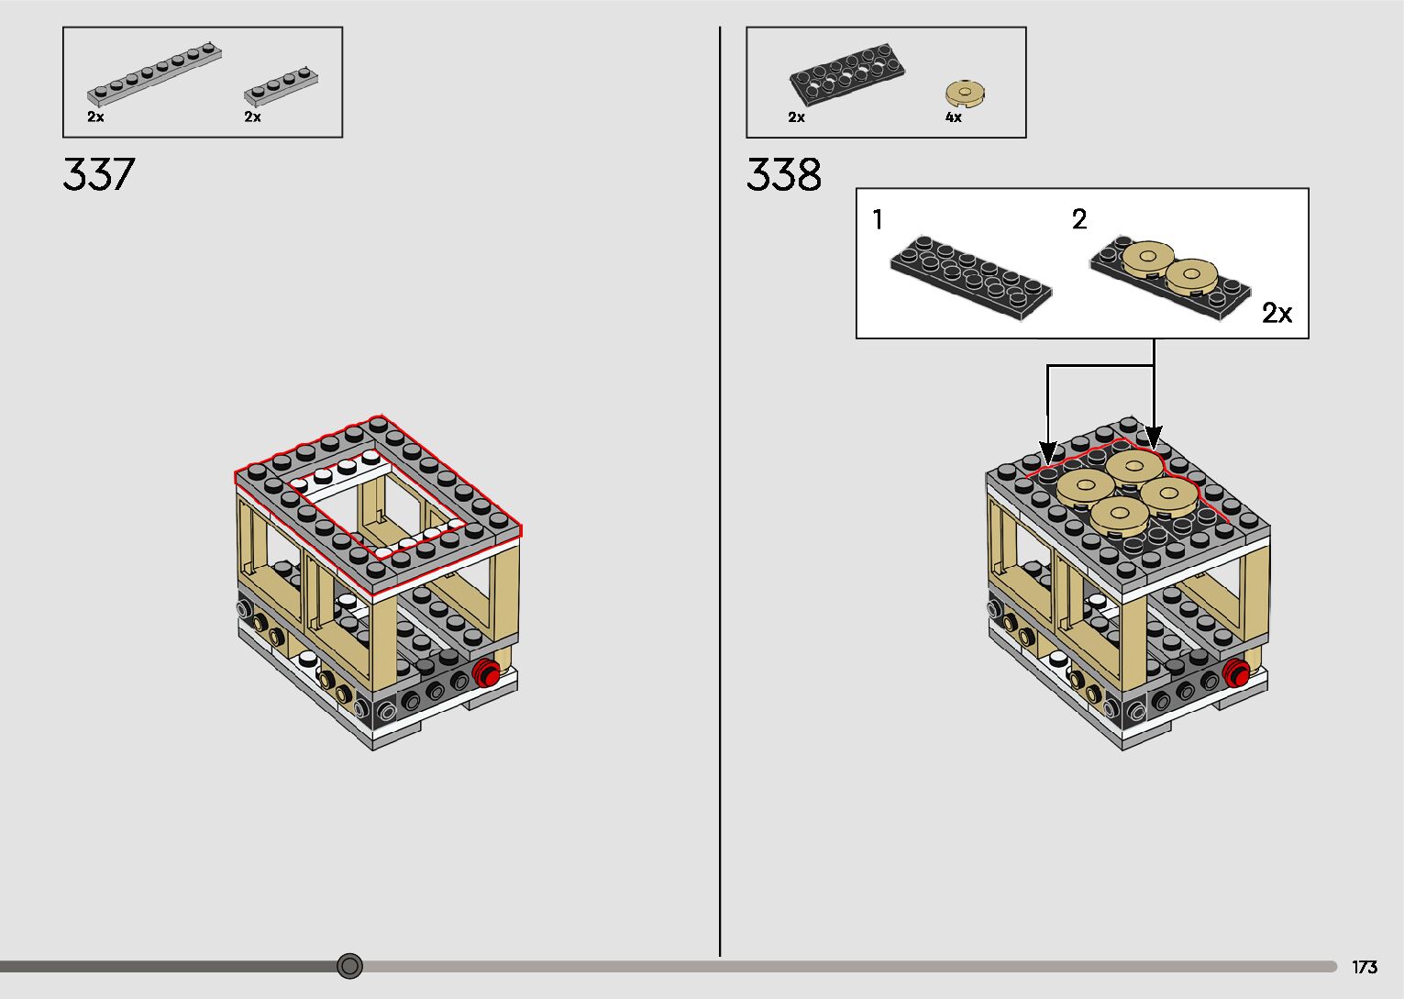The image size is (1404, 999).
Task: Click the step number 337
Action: pos(99,174)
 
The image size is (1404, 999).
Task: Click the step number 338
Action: pos(783,174)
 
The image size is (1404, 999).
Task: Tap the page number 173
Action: pos(1365,967)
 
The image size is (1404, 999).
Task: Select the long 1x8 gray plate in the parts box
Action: pos(154,73)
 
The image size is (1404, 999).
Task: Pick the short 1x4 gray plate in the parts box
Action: pos(281,85)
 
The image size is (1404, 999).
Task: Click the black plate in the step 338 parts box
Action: pos(846,72)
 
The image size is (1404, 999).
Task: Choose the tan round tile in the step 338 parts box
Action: pos(966,94)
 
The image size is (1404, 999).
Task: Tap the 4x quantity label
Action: pos(954,117)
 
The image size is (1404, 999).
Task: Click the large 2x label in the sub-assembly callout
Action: pos(1277,312)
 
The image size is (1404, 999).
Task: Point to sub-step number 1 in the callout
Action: pos(878,219)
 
